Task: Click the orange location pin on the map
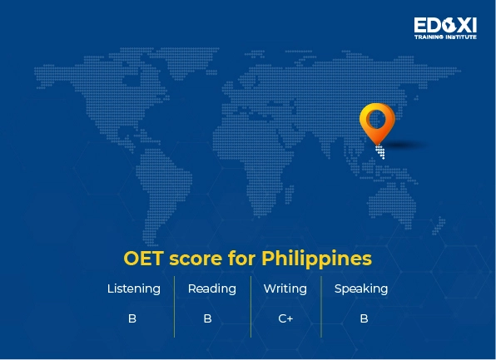(x=376, y=123)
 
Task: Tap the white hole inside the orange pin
(x=376, y=116)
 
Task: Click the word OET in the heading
(x=143, y=258)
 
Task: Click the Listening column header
(x=133, y=289)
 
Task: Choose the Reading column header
(x=211, y=289)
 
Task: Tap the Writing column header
(x=285, y=289)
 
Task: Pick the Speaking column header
(x=360, y=289)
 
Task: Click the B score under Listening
(x=132, y=318)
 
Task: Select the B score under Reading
(x=207, y=318)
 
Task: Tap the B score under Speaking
(x=364, y=318)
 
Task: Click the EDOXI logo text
(x=445, y=25)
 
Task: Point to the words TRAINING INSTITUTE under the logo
(x=445, y=37)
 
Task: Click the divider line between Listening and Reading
(x=174, y=306)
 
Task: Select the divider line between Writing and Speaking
(x=321, y=306)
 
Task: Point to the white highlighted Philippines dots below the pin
(x=380, y=151)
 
